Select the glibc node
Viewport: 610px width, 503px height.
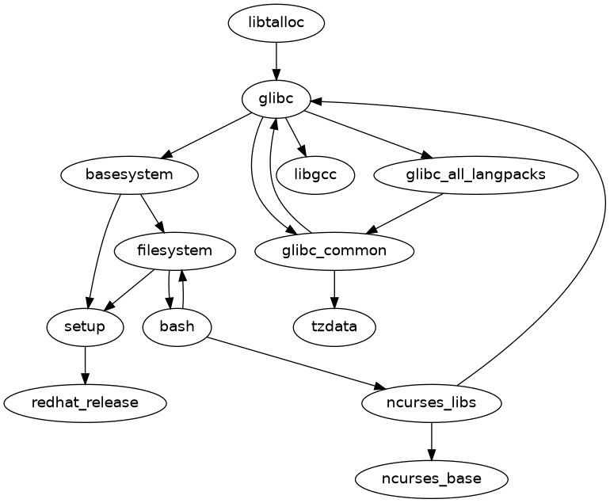coord(276,99)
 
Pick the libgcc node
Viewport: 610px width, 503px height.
coord(315,175)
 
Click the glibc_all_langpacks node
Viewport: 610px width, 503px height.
coord(474,175)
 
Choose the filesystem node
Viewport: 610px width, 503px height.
coord(174,251)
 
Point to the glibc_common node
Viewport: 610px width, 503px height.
coord(334,251)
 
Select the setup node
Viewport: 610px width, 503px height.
coord(85,326)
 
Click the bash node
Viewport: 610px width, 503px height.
coord(177,326)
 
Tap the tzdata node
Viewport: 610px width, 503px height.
coord(334,326)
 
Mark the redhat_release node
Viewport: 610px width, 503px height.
coord(85,402)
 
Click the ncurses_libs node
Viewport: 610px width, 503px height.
coord(431,402)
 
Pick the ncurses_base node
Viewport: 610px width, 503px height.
coord(431,478)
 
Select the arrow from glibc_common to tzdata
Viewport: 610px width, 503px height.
coord(334,288)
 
